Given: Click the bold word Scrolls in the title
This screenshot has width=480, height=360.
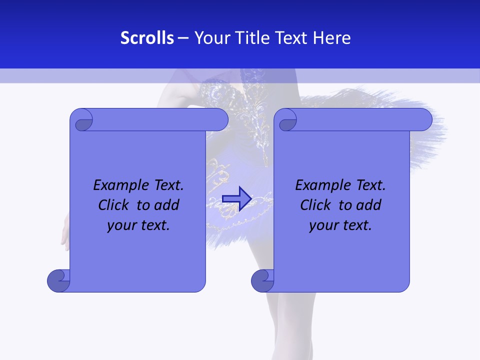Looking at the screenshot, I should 147,38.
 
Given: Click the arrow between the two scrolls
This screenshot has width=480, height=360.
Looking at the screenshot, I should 236,198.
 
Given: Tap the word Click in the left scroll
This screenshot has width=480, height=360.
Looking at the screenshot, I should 115,205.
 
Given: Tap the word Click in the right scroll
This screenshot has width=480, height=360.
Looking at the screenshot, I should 316,205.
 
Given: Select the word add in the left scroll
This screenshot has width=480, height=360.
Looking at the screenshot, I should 166,205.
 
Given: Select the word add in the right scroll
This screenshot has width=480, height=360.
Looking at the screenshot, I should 368,205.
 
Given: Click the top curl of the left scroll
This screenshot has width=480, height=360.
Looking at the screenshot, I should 81,120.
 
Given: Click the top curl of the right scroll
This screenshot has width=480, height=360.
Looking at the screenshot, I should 287,120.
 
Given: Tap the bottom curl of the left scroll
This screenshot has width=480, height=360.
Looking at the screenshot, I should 58,281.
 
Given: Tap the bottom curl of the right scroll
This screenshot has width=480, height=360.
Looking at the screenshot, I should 262,281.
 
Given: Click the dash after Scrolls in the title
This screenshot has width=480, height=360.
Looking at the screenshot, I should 183,38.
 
